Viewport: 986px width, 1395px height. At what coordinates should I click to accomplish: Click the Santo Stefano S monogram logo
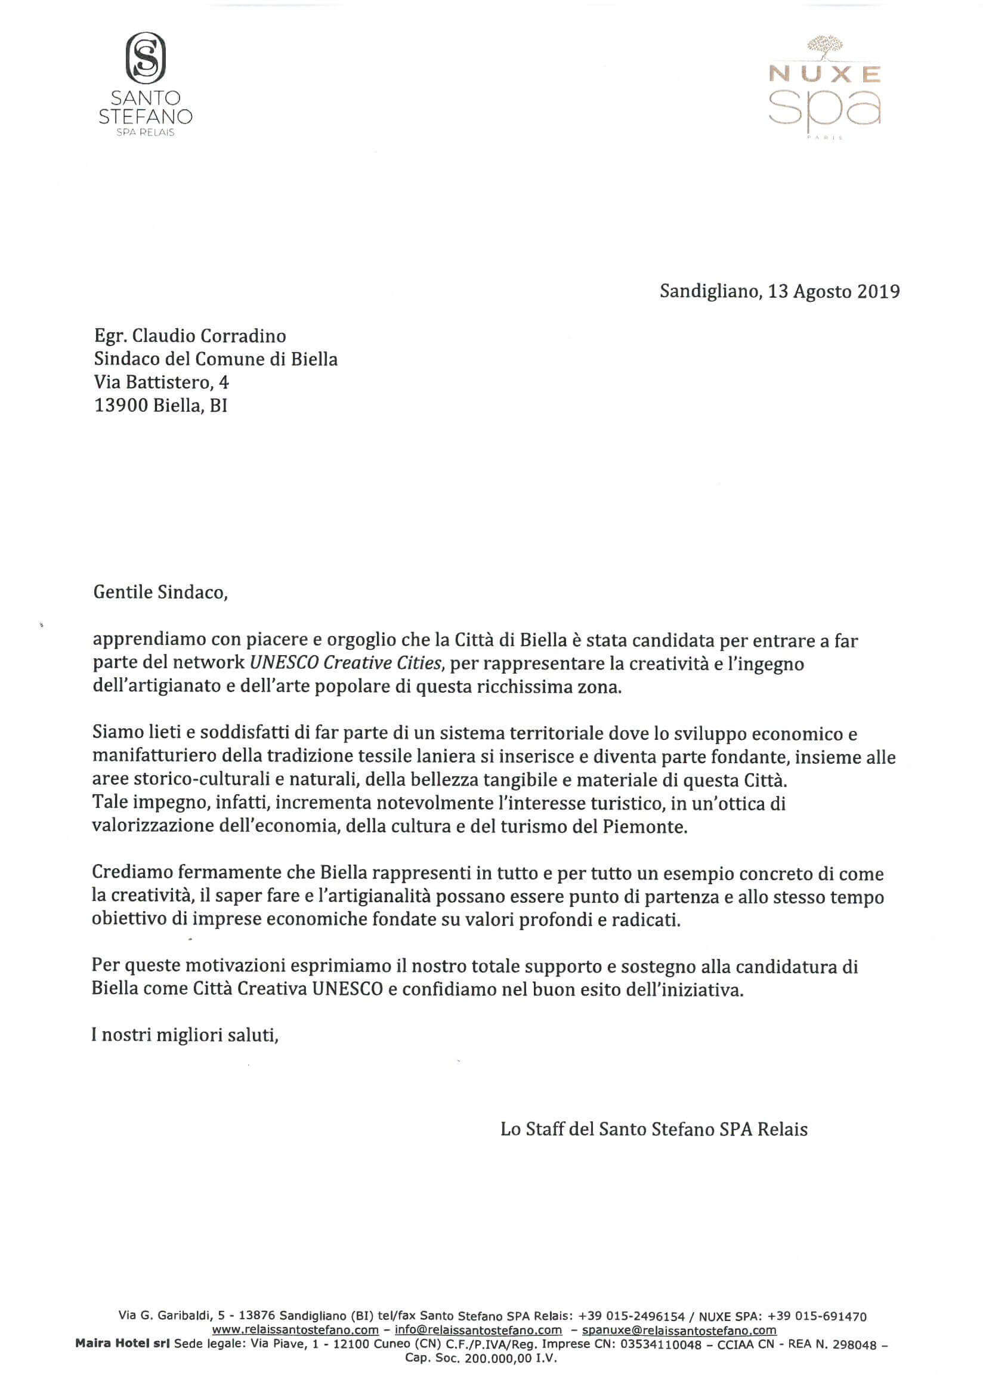coord(146,58)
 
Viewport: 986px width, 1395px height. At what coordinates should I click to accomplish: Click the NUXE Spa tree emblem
coord(825,48)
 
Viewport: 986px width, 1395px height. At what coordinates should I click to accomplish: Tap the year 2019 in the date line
coord(879,292)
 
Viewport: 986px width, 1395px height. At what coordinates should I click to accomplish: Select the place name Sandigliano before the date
coord(709,292)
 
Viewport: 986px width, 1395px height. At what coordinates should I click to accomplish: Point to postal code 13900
coord(121,405)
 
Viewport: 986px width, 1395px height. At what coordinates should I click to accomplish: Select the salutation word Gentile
coord(123,592)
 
